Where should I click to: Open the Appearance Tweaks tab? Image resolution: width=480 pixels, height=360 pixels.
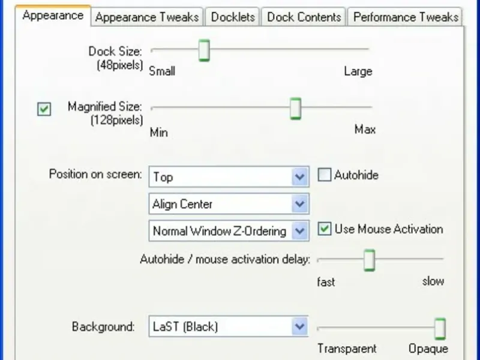(147, 17)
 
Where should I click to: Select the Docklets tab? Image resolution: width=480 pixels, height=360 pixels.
(233, 17)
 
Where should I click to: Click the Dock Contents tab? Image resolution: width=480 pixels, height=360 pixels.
(304, 17)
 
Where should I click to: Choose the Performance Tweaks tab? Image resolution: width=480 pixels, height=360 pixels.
(406, 17)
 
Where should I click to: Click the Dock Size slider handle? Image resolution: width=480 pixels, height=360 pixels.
(204, 50)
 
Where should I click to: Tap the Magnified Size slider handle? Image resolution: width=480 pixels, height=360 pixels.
(295, 109)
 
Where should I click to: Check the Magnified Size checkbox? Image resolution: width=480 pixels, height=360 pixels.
(44, 109)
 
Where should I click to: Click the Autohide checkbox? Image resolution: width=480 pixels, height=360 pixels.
(325, 175)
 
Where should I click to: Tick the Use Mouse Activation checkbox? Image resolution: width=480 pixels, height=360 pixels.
(325, 229)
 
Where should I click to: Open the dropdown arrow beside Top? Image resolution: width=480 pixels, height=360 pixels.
(299, 177)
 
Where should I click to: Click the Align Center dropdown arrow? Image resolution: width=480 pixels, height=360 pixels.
(299, 204)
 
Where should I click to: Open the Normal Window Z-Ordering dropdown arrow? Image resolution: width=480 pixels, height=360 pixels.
(299, 231)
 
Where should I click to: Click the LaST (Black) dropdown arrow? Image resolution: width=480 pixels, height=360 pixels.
(299, 327)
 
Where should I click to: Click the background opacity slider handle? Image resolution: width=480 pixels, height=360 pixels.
(440, 329)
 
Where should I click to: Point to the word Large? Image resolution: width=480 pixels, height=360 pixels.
(358, 71)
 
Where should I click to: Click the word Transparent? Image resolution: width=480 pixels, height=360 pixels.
(347, 349)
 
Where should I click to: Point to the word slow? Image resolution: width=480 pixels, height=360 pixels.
(433, 281)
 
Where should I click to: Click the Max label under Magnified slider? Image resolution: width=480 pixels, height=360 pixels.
(365, 130)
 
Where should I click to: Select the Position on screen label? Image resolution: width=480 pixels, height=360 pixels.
(95, 175)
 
